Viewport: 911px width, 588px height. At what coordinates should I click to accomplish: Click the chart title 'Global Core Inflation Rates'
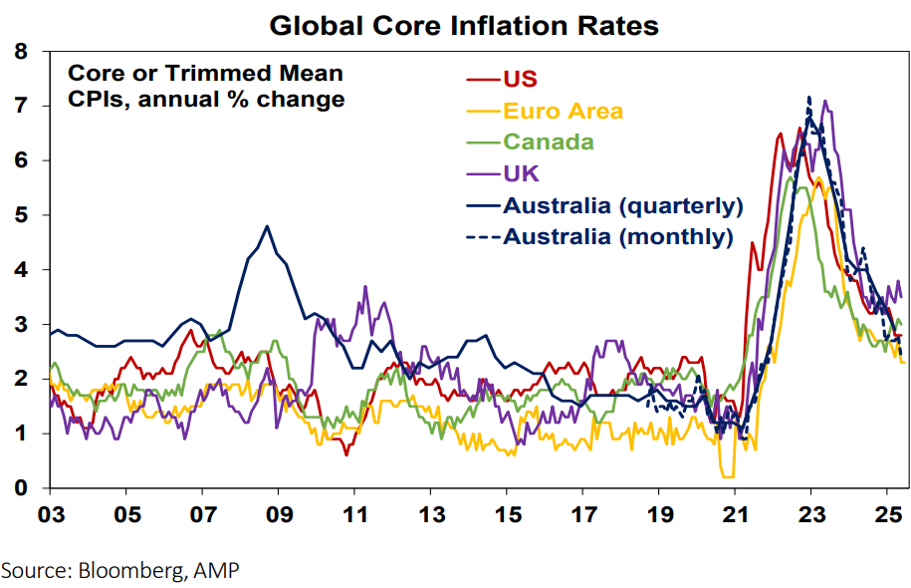(x=464, y=26)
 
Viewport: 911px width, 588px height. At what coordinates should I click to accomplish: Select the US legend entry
(x=519, y=79)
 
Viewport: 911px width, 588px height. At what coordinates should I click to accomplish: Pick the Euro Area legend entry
(x=564, y=111)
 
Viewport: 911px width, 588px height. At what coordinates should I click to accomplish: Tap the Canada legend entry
(x=549, y=142)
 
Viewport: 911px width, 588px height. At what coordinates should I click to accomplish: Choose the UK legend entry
(x=522, y=173)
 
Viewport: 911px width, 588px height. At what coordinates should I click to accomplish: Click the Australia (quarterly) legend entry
(x=623, y=206)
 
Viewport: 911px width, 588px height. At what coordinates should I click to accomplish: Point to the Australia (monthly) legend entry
(x=618, y=237)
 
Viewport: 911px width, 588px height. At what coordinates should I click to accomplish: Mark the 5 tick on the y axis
(x=21, y=214)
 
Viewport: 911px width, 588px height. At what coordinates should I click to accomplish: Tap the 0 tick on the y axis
(x=21, y=488)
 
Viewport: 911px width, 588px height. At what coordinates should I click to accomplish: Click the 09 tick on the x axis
(x=278, y=518)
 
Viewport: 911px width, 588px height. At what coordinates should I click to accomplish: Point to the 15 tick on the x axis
(x=506, y=518)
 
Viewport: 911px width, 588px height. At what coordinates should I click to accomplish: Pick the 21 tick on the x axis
(x=734, y=518)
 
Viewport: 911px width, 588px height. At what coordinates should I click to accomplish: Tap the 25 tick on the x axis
(x=886, y=518)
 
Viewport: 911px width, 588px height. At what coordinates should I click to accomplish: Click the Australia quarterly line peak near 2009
(x=267, y=226)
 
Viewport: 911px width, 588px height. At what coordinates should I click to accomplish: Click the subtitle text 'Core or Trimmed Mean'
(x=205, y=73)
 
